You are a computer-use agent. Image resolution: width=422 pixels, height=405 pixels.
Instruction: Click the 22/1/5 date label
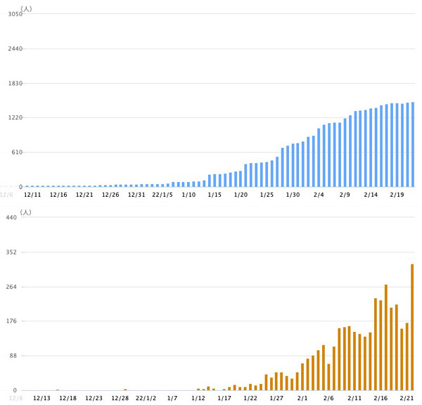click(162, 195)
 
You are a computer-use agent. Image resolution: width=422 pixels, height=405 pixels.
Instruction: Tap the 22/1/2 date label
click(146, 399)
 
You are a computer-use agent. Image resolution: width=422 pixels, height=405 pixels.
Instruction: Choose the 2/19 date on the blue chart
click(397, 195)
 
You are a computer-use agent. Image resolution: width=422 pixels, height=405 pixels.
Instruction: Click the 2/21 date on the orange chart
click(407, 399)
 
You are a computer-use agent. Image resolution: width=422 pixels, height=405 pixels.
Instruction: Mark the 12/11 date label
click(32, 195)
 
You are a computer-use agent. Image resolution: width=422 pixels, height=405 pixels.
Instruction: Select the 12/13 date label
click(41, 399)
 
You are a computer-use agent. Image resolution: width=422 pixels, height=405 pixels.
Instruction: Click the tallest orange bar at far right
click(412, 327)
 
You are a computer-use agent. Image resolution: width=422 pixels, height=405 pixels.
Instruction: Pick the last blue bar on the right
click(412, 145)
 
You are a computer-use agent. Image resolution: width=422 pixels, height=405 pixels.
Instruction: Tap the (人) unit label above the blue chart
click(26, 8)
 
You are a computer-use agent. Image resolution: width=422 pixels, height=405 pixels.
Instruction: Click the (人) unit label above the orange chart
click(26, 212)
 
